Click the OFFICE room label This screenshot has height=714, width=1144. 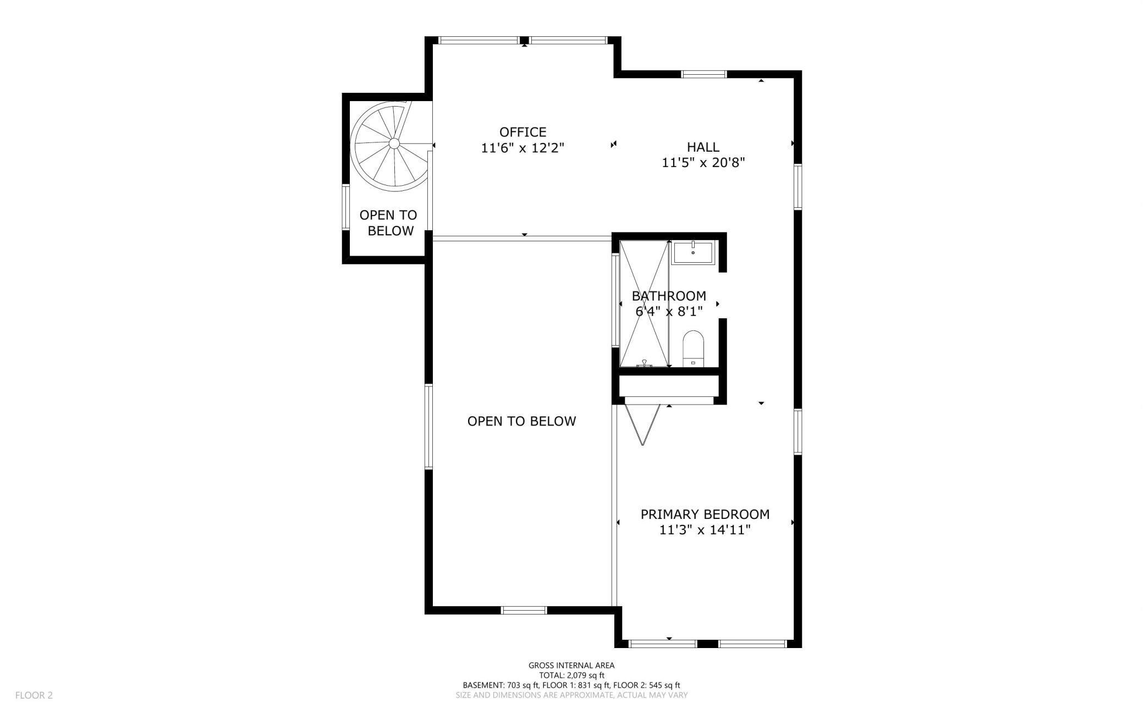tap(522, 132)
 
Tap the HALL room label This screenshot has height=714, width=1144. tap(703, 147)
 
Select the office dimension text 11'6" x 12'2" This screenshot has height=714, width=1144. tap(522, 148)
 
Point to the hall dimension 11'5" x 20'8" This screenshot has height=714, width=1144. tap(703, 163)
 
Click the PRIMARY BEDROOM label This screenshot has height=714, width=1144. tap(705, 514)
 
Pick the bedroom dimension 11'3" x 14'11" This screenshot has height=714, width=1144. tap(705, 530)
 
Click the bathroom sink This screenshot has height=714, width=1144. tap(692, 252)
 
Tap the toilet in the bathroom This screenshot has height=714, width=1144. tap(693, 348)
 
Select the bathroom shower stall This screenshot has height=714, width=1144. tap(644, 303)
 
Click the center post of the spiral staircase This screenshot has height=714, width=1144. tap(394, 143)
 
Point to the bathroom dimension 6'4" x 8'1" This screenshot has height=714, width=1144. tap(669, 312)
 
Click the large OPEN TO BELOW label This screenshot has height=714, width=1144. tap(521, 421)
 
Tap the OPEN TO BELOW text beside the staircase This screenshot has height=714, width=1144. tap(389, 223)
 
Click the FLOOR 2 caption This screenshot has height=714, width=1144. tap(34, 695)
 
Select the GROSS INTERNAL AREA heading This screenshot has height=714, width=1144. tap(571, 666)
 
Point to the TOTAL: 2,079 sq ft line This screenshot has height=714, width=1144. tap(571, 676)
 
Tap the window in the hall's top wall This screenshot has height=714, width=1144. tap(704, 74)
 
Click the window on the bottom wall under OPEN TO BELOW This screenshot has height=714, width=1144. tap(524, 610)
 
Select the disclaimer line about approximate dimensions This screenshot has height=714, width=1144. tap(571, 695)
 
